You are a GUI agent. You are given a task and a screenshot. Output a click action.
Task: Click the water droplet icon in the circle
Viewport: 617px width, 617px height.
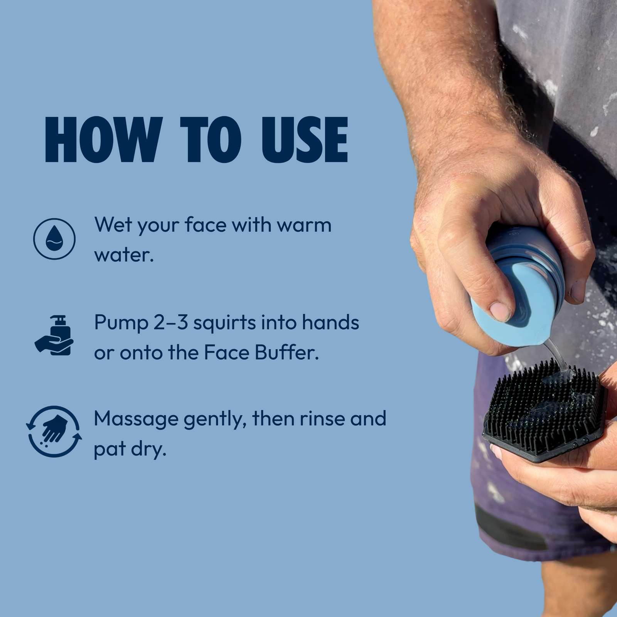pyautogui.click(x=54, y=239)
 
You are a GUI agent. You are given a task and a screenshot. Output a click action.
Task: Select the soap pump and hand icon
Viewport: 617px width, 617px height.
pyautogui.click(x=54, y=335)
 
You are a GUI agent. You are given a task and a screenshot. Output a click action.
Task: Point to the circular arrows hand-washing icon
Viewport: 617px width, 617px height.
pyautogui.click(x=54, y=432)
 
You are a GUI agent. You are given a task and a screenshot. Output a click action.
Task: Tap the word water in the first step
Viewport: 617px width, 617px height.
pyautogui.click(x=124, y=255)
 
